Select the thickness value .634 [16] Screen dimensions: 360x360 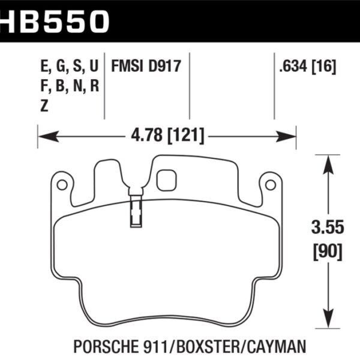(307, 65)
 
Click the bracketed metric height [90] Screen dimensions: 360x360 (327, 251)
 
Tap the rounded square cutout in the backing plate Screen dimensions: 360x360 (165, 180)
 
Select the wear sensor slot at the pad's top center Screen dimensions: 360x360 (136, 211)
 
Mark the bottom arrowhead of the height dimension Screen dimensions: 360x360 (327, 319)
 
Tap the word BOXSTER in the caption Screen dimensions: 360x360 (214, 347)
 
